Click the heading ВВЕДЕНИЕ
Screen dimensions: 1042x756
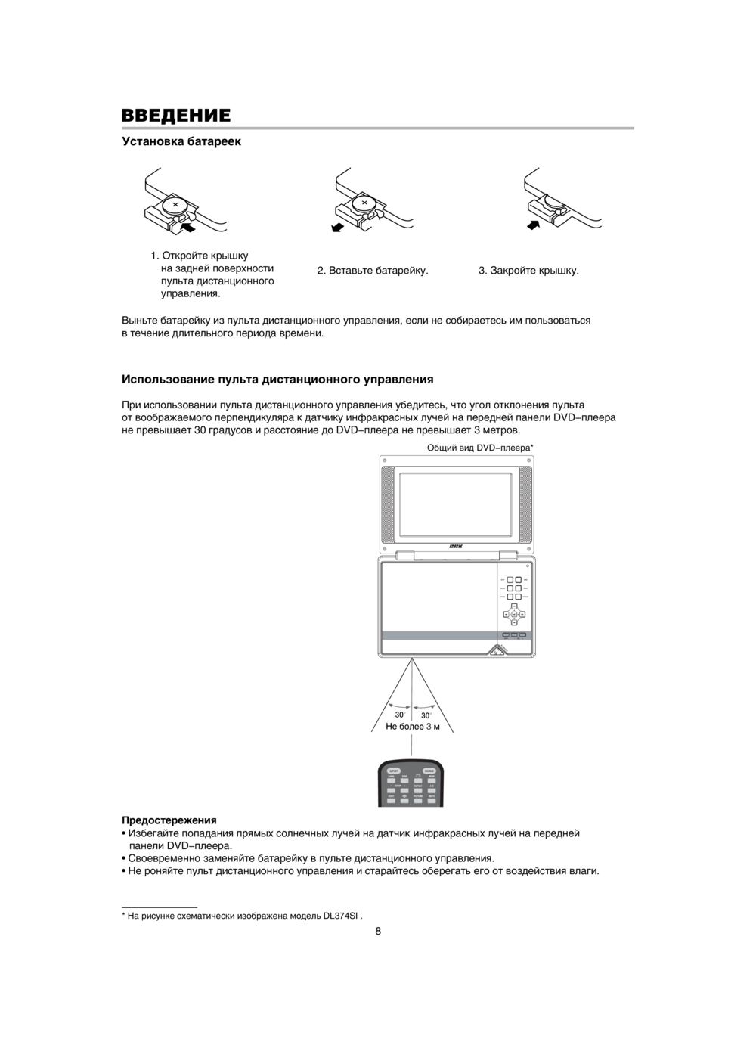(x=176, y=115)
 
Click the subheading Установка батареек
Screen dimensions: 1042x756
(x=181, y=141)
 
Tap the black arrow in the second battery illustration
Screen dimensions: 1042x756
(x=338, y=226)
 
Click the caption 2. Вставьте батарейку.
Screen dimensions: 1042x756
(x=373, y=271)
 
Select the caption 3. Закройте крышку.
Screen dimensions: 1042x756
(x=528, y=271)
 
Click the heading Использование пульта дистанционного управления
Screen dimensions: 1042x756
(x=277, y=379)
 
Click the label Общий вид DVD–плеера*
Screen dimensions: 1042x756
(x=480, y=448)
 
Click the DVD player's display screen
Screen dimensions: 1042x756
(x=456, y=504)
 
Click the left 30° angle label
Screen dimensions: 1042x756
(x=400, y=715)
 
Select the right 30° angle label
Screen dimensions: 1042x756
(x=426, y=715)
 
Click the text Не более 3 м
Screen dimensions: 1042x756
(x=412, y=727)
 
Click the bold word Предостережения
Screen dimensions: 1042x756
(x=169, y=820)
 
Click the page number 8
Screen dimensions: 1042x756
(x=378, y=932)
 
